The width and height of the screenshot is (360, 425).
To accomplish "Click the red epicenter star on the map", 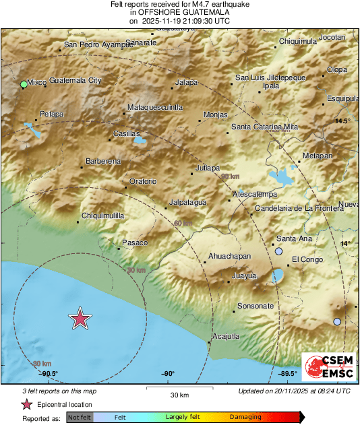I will (80, 318).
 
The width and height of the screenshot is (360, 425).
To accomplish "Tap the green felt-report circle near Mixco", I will (24, 84).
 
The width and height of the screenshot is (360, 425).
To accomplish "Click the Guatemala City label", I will (75, 80).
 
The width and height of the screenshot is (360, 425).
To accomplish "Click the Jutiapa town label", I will (207, 167).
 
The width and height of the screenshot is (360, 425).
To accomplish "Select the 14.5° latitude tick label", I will (344, 121).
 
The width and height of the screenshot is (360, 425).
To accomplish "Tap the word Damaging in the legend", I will (245, 417).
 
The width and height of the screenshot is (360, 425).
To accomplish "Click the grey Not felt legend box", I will (79, 418).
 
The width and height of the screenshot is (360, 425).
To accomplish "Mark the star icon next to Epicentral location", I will (27, 404).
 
